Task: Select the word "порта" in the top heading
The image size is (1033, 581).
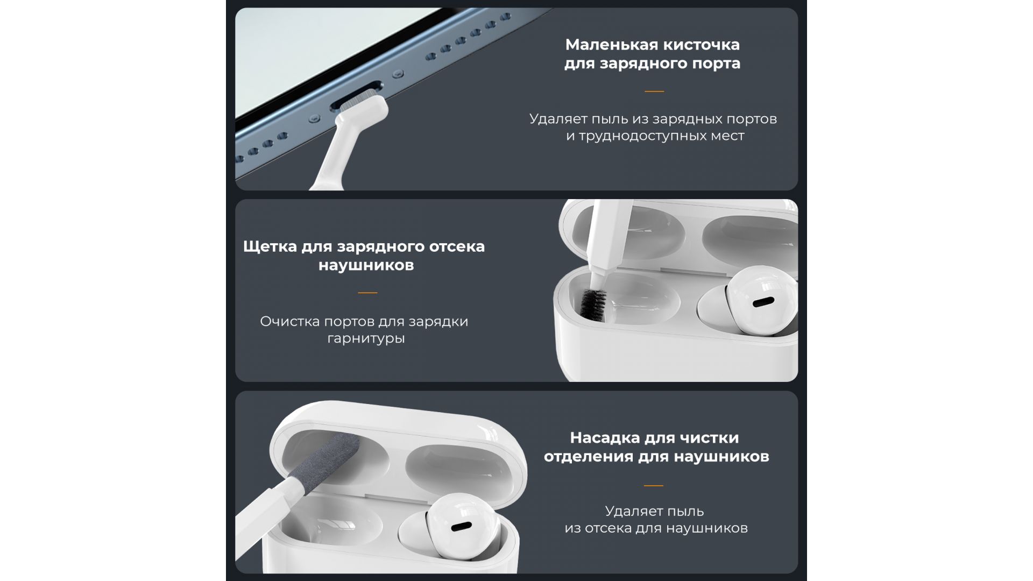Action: (x=715, y=64)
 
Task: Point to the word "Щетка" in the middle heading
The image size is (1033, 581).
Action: (x=270, y=246)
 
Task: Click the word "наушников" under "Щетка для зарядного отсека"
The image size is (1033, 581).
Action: (x=366, y=265)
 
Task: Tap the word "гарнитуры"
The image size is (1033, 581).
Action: (x=366, y=339)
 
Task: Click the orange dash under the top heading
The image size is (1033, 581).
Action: (x=654, y=91)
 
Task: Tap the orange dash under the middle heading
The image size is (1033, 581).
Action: (x=367, y=293)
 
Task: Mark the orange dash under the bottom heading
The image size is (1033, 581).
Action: (x=654, y=485)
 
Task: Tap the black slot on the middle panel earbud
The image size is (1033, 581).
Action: (x=763, y=302)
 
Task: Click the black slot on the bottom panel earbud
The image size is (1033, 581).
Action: (x=462, y=527)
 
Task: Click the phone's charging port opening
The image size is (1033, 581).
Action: (x=356, y=96)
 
